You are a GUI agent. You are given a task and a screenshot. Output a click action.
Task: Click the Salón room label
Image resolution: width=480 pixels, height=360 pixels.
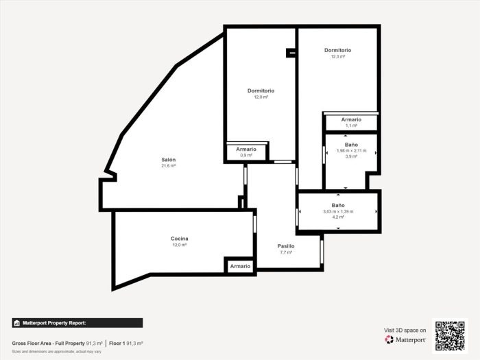pyautogui.click(x=169, y=159)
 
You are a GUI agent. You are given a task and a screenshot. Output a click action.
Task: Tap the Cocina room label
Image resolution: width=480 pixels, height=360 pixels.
pyautogui.click(x=180, y=239)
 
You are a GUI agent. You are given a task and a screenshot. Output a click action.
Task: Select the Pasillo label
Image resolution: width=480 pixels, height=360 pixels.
pyautogui.click(x=286, y=245)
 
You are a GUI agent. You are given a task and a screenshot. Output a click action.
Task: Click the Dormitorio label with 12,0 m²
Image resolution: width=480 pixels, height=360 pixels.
pyautogui.click(x=261, y=91)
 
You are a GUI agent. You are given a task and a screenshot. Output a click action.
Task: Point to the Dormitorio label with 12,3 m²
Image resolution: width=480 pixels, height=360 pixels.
pyautogui.click(x=337, y=50)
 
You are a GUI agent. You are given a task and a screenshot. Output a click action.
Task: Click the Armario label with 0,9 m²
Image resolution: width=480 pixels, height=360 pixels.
pyautogui.click(x=246, y=149)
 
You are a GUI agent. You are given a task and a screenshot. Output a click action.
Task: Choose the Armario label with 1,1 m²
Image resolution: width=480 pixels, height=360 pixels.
pyautogui.click(x=351, y=119)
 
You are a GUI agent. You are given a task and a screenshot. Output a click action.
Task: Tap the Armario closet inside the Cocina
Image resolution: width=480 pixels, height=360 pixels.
pyautogui.click(x=240, y=266)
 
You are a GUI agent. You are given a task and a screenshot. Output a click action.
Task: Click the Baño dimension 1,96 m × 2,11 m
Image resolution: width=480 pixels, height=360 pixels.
pyautogui.click(x=351, y=151)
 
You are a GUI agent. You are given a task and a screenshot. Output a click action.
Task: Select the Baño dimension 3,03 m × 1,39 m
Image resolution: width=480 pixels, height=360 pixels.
pyautogui.click(x=338, y=211)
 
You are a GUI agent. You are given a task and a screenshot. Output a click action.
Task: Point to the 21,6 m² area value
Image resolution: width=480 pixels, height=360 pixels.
pyautogui.click(x=169, y=166)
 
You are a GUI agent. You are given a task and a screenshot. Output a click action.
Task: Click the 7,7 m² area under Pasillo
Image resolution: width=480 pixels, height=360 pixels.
pyautogui.click(x=286, y=252)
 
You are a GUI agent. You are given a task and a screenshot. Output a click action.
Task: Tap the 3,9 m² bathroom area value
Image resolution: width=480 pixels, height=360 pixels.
pyautogui.click(x=351, y=157)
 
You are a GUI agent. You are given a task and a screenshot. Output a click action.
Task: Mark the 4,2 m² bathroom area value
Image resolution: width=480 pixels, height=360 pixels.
pyautogui.click(x=338, y=217)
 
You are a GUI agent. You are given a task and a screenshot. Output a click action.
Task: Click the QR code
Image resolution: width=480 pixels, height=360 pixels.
pyautogui.click(x=449, y=335)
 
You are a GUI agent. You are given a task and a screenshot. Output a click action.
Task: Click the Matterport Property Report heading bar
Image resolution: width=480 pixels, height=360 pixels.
pyautogui.click(x=77, y=322)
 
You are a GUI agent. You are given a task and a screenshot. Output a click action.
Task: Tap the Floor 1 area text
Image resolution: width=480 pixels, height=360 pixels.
pyautogui.click(x=125, y=343)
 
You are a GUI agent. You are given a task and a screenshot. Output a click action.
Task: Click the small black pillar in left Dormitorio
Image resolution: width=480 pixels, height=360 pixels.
pyautogui.click(x=291, y=51)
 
